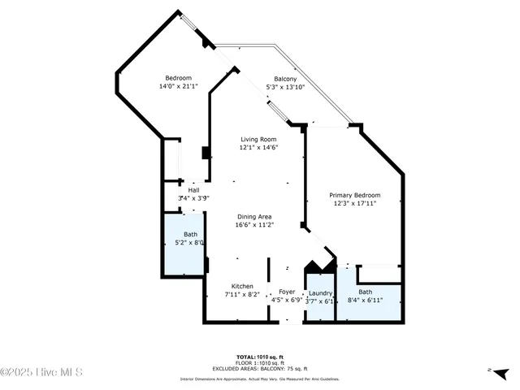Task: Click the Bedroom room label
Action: pyautogui.click(x=178, y=78)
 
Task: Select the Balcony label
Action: pyautogui.click(x=284, y=79)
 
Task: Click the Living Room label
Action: pyautogui.click(x=257, y=139)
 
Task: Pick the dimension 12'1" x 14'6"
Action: pyautogui.click(x=257, y=148)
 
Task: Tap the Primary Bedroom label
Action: pyautogui.click(x=354, y=195)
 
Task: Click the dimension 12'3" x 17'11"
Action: pyautogui.click(x=354, y=204)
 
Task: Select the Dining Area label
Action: pyautogui.click(x=253, y=216)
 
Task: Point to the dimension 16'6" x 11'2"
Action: pyautogui.click(x=253, y=225)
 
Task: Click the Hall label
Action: pyautogui.click(x=193, y=190)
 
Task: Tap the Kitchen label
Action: pyautogui.click(x=242, y=286)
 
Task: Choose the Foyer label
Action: pyautogui.click(x=287, y=291)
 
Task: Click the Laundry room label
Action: pyautogui.click(x=321, y=292)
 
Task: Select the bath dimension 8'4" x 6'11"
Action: pyautogui.click(x=365, y=301)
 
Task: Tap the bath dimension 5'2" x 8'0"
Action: pyautogui.click(x=189, y=242)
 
